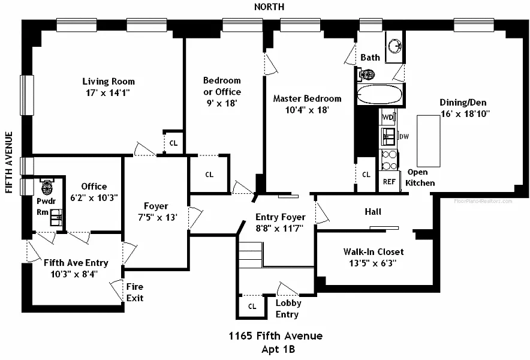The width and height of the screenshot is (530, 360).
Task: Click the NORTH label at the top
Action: point(269,7)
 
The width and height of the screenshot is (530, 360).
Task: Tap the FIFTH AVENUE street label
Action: point(9,162)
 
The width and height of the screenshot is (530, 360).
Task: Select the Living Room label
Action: point(109,82)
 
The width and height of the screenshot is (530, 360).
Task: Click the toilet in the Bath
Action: point(367,74)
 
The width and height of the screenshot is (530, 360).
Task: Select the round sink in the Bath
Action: point(394,44)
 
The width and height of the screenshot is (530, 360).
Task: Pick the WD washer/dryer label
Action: point(387,117)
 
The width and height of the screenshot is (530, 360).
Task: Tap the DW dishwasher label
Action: point(404,137)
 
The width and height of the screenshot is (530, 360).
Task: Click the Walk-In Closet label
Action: point(373,252)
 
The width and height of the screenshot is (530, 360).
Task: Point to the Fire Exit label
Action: point(135,292)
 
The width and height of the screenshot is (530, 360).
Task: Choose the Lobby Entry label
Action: point(288,308)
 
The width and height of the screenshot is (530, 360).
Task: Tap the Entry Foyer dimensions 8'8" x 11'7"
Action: point(281,228)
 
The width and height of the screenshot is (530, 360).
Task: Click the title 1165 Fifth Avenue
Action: point(275,336)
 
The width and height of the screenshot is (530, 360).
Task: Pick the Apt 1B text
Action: point(278,349)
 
